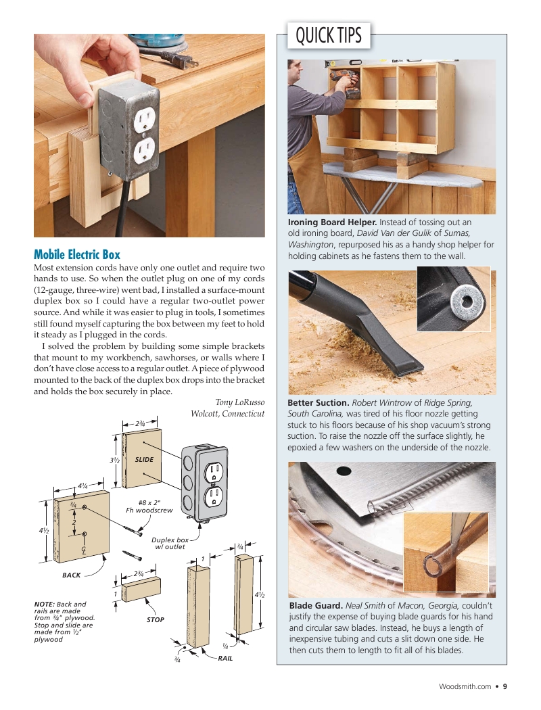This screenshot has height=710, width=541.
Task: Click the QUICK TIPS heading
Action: point(329,35)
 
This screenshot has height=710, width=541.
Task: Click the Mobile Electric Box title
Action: point(77,255)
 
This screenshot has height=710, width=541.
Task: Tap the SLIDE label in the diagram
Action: point(144,459)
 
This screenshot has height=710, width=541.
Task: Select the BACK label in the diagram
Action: point(71,575)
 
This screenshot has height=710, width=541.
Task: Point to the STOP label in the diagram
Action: point(155,619)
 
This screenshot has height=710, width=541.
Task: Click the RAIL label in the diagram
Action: point(225,657)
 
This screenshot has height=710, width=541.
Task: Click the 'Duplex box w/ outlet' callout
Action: point(170,543)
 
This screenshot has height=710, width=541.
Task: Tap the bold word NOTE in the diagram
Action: point(45,604)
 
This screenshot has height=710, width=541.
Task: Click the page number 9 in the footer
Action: point(504,686)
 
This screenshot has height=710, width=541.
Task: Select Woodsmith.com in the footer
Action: point(465,686)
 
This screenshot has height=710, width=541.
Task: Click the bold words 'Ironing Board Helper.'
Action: point(332,222)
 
